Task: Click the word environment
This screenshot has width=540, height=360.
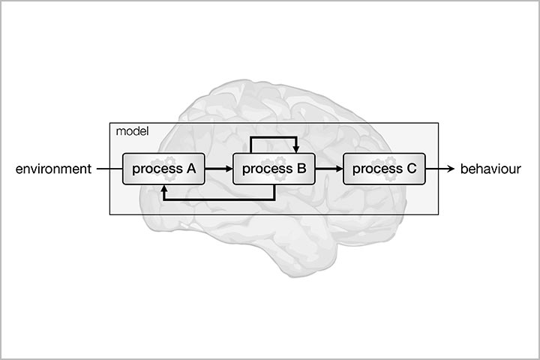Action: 52,169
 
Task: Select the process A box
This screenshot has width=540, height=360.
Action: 164,169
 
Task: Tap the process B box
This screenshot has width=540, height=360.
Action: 274,169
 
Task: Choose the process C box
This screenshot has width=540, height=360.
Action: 384,169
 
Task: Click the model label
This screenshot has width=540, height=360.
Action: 132,131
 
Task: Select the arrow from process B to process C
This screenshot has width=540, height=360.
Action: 328,169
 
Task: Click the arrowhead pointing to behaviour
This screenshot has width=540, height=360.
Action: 451,169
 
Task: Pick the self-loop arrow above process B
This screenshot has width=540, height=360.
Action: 274,137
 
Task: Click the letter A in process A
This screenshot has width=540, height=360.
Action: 190,169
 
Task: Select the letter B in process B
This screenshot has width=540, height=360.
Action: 301,169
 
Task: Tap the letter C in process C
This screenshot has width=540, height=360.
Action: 410,169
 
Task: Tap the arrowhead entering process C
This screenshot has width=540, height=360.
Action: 339,169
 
